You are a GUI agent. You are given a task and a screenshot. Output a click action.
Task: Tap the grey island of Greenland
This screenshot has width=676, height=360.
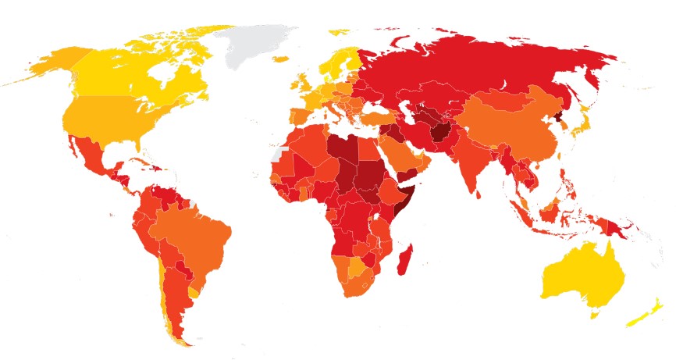click(254, 47)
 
